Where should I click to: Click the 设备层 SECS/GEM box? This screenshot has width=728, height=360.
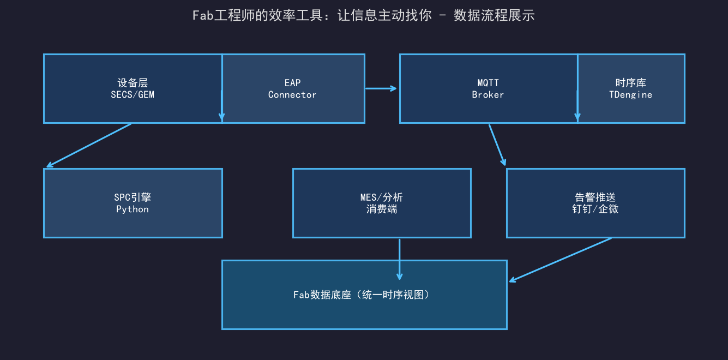click(x=133, y=88)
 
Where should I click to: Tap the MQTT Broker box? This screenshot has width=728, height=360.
click(x=488, y=88)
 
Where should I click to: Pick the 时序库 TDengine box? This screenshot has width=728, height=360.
click(x=631, y=88)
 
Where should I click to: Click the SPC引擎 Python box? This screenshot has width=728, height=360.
click(x=133, y=203)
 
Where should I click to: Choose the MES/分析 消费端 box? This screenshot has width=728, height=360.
click(x=382, y=203)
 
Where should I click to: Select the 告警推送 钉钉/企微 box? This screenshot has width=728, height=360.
click(x=595, y=203)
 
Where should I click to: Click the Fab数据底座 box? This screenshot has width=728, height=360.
click(x=364, y=295)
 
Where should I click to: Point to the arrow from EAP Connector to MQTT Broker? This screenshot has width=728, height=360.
click(x=381, y=88)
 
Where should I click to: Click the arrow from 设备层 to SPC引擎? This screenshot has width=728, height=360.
click(x=89, y=145)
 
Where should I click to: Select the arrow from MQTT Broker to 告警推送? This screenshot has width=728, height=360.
click(x=497, y=145)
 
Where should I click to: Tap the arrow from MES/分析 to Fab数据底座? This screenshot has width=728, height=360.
click(x=399, y=260)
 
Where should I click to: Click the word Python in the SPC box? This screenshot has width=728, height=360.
click(x=133, y=209)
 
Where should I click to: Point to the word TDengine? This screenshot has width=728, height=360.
click(x=630, y=94)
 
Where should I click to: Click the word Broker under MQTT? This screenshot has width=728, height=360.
click(x=488, y=94)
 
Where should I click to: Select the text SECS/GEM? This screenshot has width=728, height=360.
click(x=133, y=94)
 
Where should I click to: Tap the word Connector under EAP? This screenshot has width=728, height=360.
click(x=292, y=94)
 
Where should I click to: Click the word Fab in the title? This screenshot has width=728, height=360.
click(x=203, y=16)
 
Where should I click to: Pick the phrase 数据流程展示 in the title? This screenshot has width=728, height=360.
click(x=494, y=16)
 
